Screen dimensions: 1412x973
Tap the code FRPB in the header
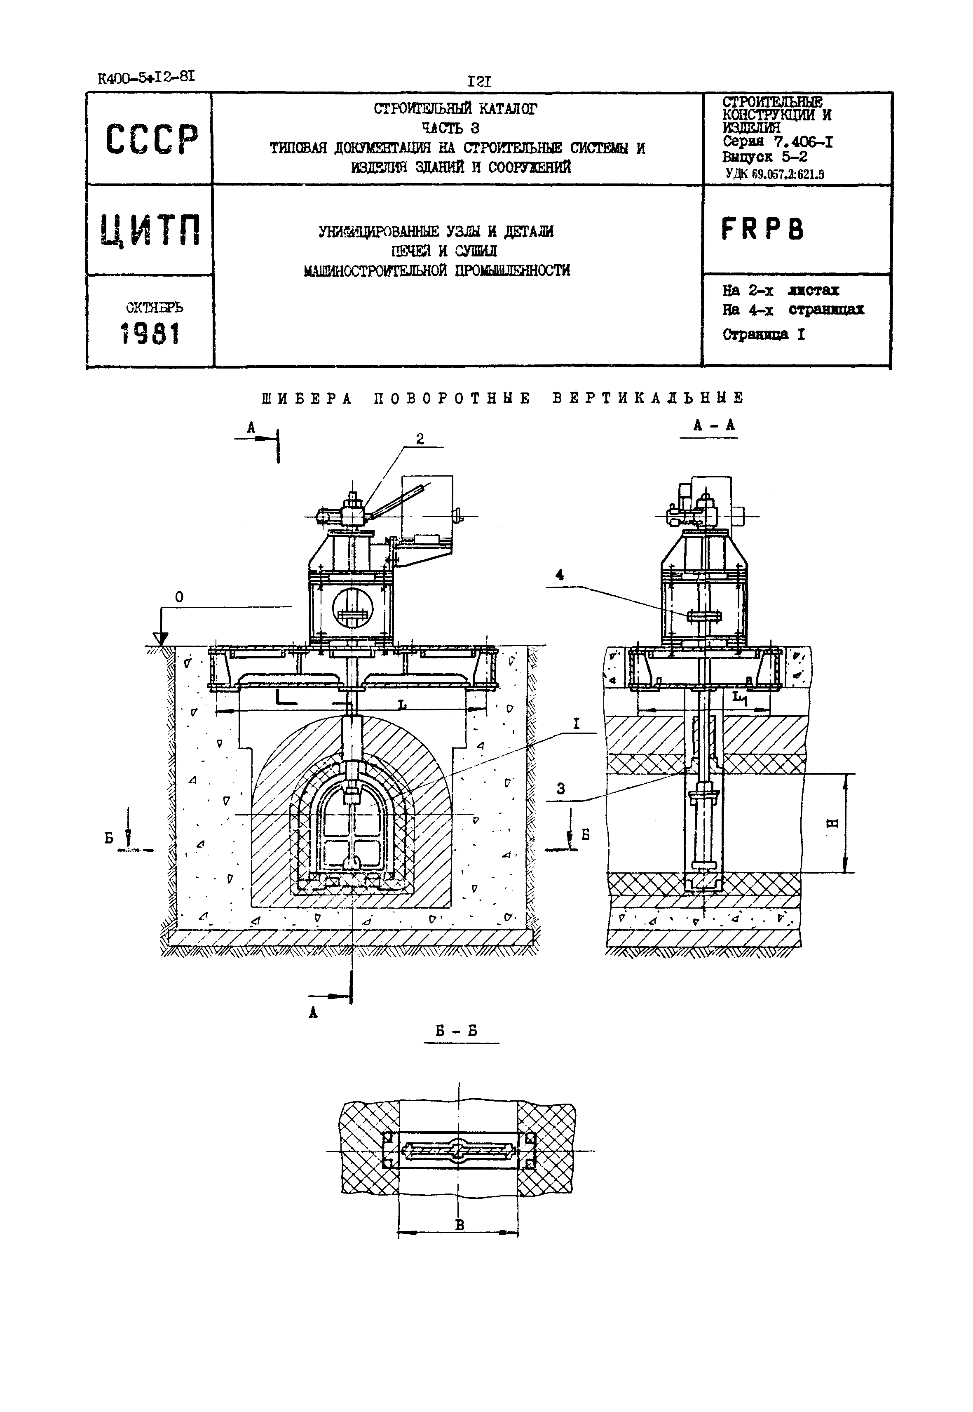click(763, 229)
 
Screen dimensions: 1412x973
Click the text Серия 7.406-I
click(777, 142)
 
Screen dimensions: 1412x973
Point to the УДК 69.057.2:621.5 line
click(775, 174)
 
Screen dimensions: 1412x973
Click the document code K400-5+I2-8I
click(146, 78)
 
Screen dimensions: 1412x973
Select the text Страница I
click(763, 334)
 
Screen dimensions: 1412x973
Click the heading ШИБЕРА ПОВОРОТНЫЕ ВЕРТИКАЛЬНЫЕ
click(503, 398)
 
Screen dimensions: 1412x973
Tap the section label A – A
click(714, 426)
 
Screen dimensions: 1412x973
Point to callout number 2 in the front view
click(420, 439)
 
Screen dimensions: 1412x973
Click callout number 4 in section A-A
click(559, 575)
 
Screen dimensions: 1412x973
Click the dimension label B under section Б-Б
click(460, 1225)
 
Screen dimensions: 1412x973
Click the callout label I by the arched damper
click(576, 724)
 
